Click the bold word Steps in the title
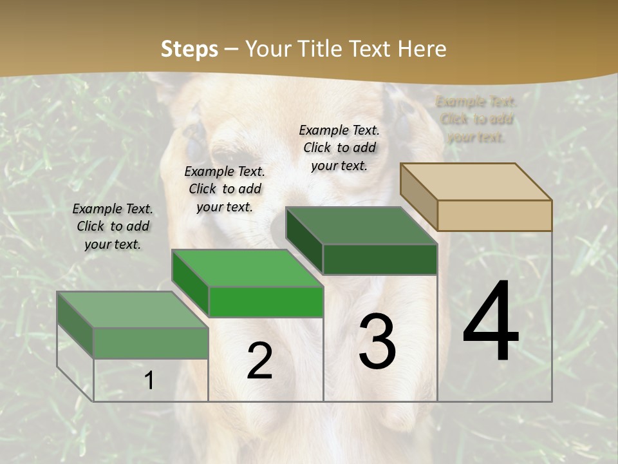189,49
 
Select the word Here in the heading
422,49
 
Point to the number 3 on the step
377,342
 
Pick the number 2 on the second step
259,361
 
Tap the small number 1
149,381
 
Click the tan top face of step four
476,182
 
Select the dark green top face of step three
362,226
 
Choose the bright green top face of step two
247,268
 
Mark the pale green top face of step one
133,310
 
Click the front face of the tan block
494,215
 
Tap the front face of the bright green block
266,302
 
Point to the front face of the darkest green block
380,259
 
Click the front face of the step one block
151,343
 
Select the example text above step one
113,226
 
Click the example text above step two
225,189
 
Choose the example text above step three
339,148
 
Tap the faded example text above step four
476,119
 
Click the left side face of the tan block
418,197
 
